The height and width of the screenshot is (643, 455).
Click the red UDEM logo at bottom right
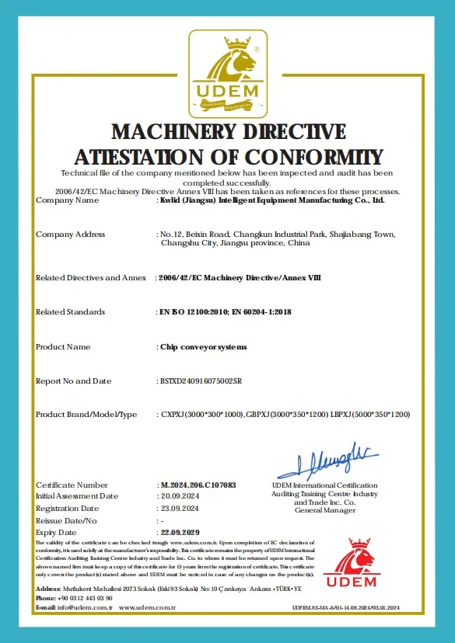pos(350,564)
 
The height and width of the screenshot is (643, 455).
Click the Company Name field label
pos(68,200)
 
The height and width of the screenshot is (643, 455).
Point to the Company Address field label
pos(71,235)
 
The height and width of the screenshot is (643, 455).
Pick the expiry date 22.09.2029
pos(180,533)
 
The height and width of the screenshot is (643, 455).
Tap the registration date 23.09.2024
pos(180,508)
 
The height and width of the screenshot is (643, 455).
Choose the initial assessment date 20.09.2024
pos(180,496)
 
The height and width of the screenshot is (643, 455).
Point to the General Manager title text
pos(324,510)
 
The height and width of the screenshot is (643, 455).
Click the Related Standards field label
pos(70,312)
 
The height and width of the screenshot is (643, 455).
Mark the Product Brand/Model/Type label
pos(86,415)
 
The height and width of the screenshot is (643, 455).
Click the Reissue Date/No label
pos(66,520)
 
